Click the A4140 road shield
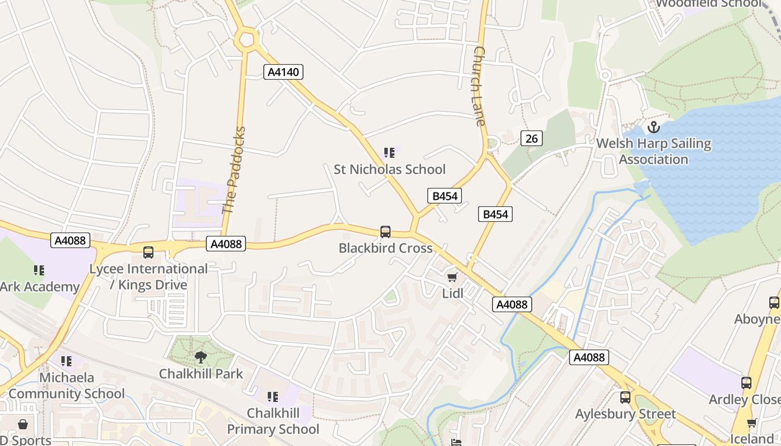click(283, 72)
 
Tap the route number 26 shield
click(531, 138)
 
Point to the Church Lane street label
click(479, 86)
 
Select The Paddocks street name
click(234, 171)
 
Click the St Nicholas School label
click(389, 169)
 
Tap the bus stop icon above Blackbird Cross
click(385, 232)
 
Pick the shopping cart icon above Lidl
click(452, 277)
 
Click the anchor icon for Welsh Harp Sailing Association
click(653, 127)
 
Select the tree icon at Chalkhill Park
click(201, 357)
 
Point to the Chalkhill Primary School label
click(273, 421)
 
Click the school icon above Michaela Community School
click(66, 361)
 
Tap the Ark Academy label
click(40, 287)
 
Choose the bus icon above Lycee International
click(148, 253)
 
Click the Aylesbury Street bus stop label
click(625, 414)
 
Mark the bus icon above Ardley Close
click(746, 383)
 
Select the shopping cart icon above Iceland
click(751, 423)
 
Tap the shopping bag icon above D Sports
click(23, 425)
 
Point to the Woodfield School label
click(708, 4)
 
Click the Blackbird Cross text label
click(385, 248)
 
